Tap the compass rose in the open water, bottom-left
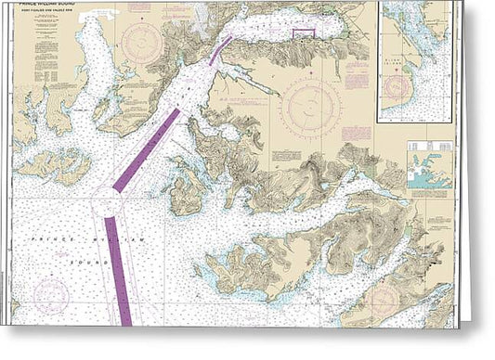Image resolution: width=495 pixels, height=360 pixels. point(51,296)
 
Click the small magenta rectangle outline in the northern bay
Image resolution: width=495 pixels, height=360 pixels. point(305,34)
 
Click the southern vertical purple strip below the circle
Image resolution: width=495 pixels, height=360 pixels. point(118,269)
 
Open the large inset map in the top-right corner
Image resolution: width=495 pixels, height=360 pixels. point(415,61)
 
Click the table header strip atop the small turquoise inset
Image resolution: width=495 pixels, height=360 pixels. point(430,146)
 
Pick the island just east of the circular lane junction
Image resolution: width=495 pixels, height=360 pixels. point(187,194)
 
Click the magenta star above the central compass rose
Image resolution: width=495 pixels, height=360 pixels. point(311,78)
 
